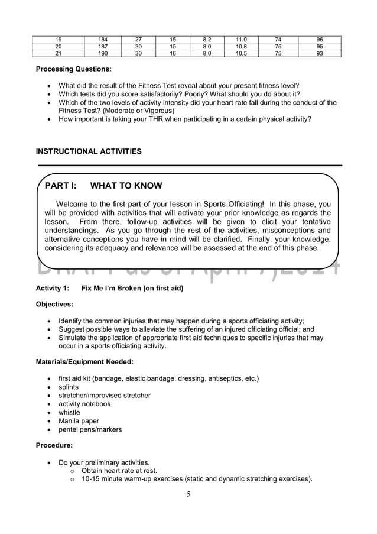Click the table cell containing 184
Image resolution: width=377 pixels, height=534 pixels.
tap(103, 40)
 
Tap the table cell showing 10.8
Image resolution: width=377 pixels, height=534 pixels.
tap(241, 47)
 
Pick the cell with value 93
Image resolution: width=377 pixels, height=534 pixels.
tap(320, 53)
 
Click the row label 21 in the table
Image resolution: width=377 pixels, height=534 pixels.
tap(58, 53)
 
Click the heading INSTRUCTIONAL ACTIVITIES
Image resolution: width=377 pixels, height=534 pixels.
tap(89, 151)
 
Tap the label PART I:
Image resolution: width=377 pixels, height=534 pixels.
tap(61, 186)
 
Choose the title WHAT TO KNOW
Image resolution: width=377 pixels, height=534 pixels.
tap(126, 186)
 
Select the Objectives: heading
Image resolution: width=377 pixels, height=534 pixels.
tap(54, 305)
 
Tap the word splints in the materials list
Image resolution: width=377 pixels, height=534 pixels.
tap(69, 387)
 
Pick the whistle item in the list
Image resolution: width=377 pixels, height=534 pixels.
tap(69, 412)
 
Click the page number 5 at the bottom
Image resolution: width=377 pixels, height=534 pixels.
tap(188, 494)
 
